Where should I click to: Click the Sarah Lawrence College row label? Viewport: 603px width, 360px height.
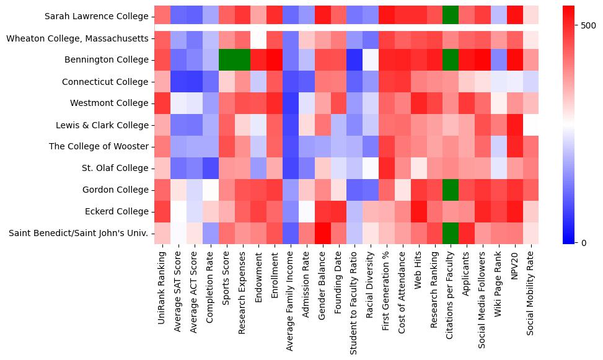pyautogui.click(x=97, y=17)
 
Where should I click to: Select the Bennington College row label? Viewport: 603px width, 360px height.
pyautogui.click(x=108, y=60)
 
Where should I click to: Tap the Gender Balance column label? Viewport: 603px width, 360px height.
pyautogui.click(x=322, y=285)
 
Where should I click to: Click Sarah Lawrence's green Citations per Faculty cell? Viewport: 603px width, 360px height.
pyautogui.click(x=451, y=17)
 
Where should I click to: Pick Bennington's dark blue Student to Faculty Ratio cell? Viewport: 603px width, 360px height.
pyautogui.click(x=354, y=60)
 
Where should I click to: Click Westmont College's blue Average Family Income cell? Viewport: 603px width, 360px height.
pyautogui.click(x=290, y=103)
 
